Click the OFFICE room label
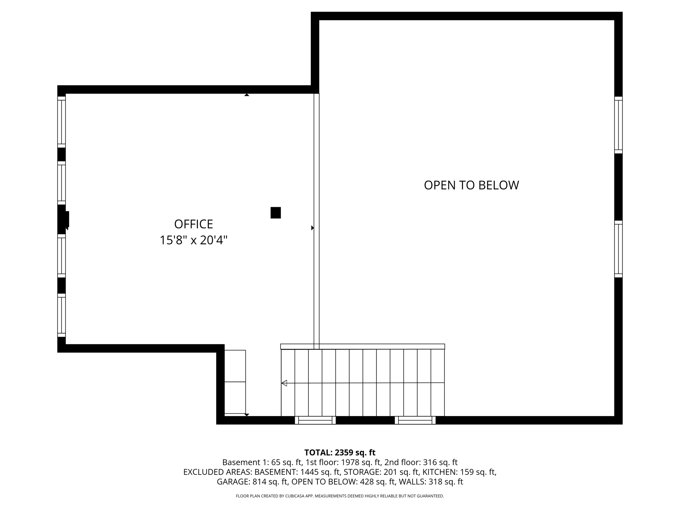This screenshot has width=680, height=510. [x=193, y=224]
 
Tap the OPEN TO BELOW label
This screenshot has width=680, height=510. [x=471, y=185]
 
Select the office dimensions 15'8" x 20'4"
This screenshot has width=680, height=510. [x=193, y=240]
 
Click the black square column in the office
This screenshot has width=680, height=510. [x=276, y=212]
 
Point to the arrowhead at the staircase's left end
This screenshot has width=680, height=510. [x=284, y=383]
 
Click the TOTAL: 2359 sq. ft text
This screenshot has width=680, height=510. [x=340, y=452]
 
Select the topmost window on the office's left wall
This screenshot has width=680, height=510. [x=61, y=122]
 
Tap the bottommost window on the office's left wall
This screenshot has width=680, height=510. [x=61, y=315]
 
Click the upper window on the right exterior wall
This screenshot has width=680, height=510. [x=618, y=125]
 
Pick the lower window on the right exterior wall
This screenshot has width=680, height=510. [x=618, y=249]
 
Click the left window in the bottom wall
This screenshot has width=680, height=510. [x=315, y=420]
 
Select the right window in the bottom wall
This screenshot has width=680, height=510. [x=415, y=420]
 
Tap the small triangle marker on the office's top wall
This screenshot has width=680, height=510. [x=247, y=95]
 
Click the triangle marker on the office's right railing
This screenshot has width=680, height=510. [x=312, y=228]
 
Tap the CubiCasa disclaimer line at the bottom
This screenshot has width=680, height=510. [x=340, y=496]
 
